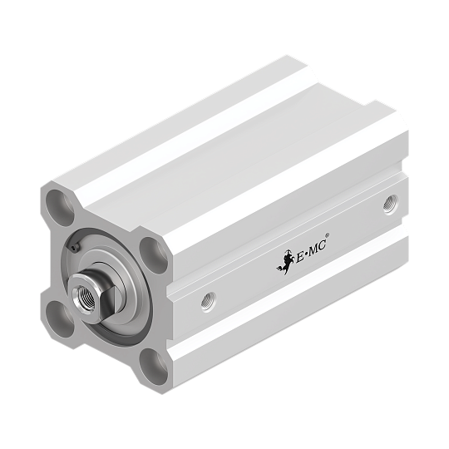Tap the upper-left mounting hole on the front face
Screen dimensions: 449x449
pyautogui.click(x=61, y=207)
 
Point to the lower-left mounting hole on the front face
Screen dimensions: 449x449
pyautogui.click(x=59, y=319)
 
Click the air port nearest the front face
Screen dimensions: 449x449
pyautogui.click(x=209, y=303)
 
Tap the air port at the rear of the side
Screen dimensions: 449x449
pyautogui.click(x=391, y=205)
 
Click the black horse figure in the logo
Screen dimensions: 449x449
pyautogui.click(x=285, y=262)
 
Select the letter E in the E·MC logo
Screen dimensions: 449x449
pyautogui.click(x=299, y=257)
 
